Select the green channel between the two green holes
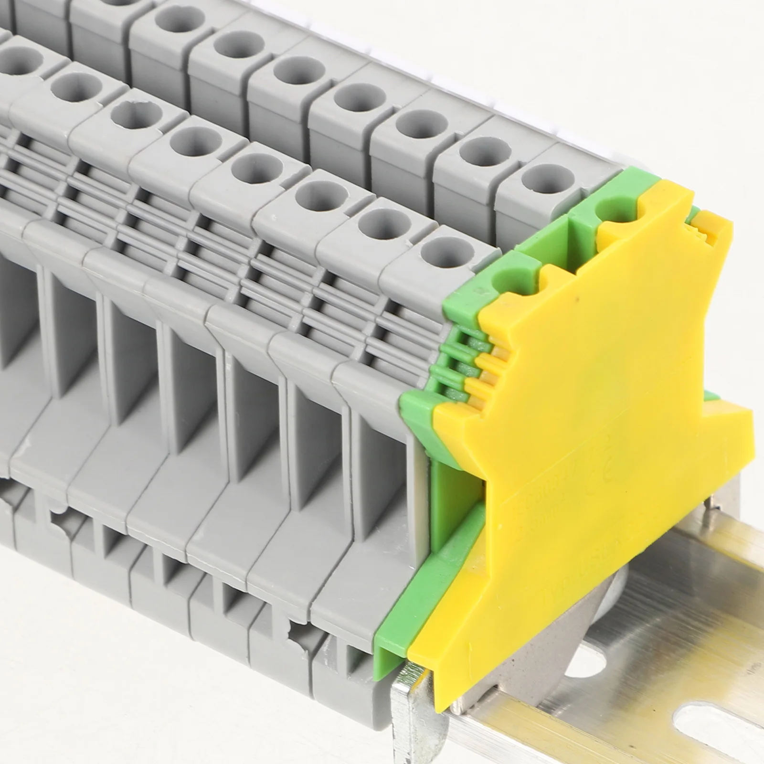549,239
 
